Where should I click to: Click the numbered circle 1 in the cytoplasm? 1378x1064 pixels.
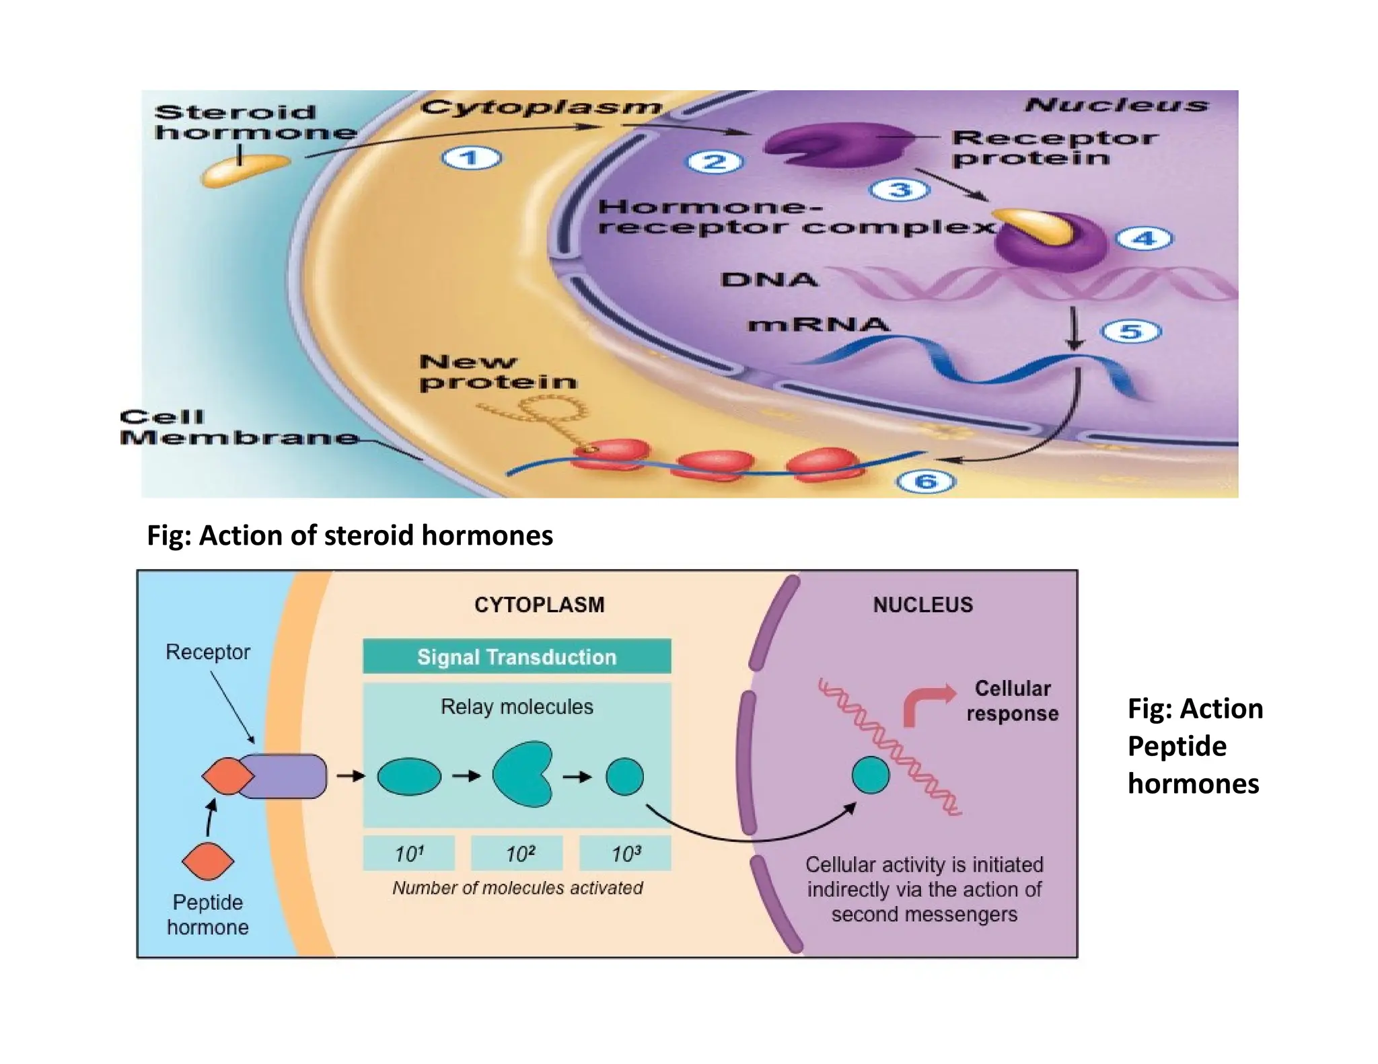tap(471, 159)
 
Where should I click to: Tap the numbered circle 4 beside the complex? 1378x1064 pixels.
tap(1144, 238)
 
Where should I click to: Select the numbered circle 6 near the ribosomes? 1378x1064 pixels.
tap(926, 481)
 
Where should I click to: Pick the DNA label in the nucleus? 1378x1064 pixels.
tap(769, 279)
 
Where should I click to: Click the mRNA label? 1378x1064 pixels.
tap(818, 325)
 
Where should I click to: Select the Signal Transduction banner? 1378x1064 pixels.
tap(516, 656)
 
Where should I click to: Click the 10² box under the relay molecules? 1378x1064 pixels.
tap(517, 853)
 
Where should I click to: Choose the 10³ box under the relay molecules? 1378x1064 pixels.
tap(625, 853)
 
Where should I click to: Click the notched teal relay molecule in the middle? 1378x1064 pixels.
tap(521, 775)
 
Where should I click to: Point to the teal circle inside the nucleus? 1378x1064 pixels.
tap(870, 775)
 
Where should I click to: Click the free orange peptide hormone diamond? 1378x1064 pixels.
tap(208, 861)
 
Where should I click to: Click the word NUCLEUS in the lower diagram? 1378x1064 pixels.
tap(922, 605)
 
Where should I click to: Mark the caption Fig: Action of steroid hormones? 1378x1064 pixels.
tap(350, 535)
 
